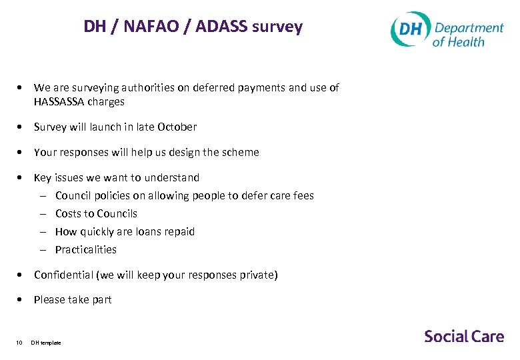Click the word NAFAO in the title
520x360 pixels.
146,27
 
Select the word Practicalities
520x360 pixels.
86,249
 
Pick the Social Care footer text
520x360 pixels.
464,336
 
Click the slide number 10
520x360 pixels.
19,343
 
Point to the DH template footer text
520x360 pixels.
46,343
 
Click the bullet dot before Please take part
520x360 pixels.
23,300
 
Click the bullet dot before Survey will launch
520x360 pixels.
23,127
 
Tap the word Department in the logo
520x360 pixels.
469,28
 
